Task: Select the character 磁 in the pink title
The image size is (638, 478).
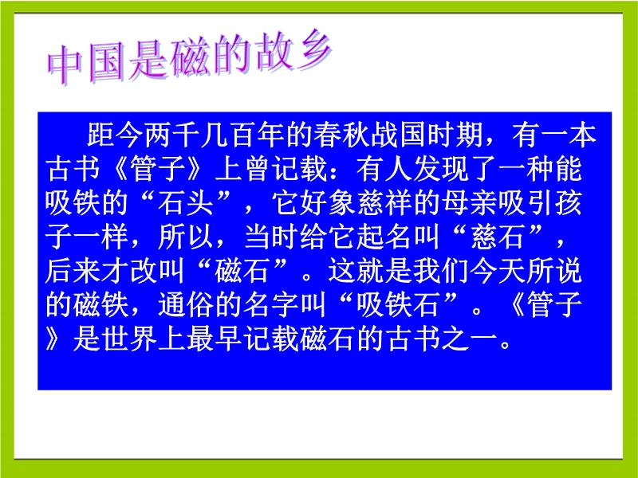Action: click(x=191, y=57)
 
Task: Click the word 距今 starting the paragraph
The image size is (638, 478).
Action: click(x=115, y=135)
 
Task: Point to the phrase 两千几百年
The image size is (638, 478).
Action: click(x=214, y=135)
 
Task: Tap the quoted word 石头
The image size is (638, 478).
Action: click(x=186, y=203)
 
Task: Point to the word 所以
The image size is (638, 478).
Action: click(x=186, y=237)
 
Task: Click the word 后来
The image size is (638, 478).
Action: click(x=73, y=271)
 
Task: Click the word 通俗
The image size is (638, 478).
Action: click(x=186, y=305)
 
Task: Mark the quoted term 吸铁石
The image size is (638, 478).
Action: click(x=399, y=305)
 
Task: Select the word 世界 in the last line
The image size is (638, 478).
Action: click(x=129, y=339)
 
